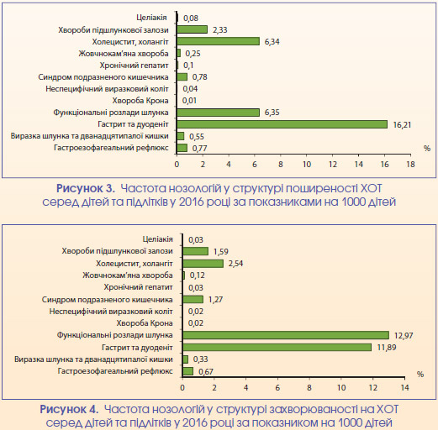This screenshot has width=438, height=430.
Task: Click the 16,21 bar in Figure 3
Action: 282,124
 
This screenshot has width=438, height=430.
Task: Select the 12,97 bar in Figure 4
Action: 286,335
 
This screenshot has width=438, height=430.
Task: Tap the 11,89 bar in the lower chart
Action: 277,347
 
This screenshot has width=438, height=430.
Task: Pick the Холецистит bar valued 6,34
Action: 218,41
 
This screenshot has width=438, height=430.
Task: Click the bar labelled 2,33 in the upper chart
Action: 192,29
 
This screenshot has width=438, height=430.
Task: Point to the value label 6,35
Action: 272,113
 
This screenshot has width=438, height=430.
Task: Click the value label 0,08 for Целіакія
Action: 191,18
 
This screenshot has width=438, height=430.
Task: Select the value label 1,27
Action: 215,300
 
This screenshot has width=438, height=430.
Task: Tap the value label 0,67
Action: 206,371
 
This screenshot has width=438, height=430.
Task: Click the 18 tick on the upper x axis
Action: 410,165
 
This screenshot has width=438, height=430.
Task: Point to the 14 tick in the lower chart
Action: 405,388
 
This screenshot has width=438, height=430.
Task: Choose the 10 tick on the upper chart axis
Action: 307,165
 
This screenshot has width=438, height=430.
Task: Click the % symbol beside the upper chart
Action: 427,149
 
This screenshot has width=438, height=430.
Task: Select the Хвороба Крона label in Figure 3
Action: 140,101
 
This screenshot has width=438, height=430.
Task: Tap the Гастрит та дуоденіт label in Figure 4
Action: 137,348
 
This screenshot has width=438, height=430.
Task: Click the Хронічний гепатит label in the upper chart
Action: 135,66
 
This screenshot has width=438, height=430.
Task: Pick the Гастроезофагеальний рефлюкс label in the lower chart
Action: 115,371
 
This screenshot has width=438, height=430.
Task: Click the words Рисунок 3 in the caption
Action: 86,188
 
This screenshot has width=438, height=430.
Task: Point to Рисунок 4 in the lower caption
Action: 69,409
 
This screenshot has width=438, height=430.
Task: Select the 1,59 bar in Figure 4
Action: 195,251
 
